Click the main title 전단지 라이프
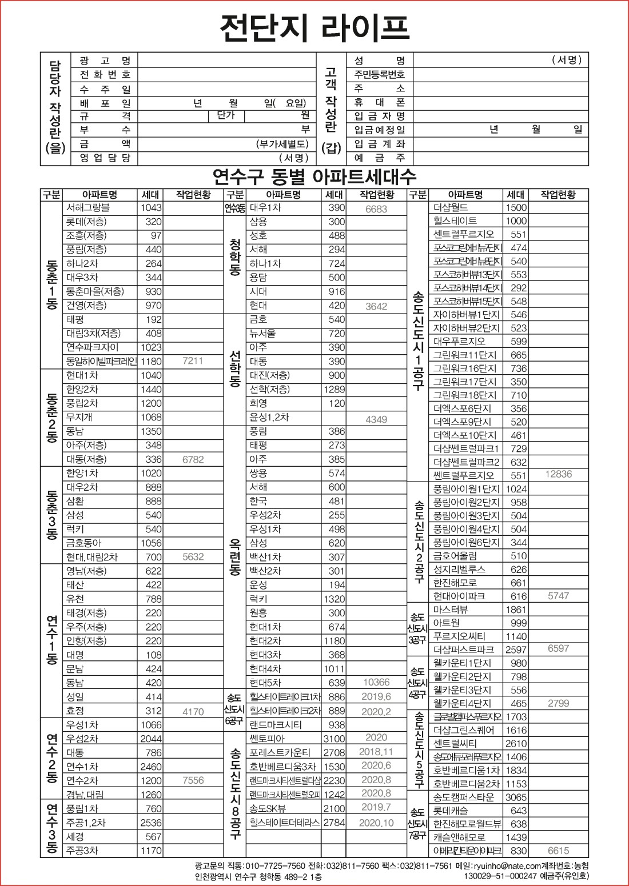point(314,27)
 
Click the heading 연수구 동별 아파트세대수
point(314,176)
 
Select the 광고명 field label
point(105,61)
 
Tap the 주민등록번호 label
point(379,74)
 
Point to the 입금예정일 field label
point(379,130)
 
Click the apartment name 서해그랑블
point(87,208)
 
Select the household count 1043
point(151,208)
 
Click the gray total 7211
point(193,361)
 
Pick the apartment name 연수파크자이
point(92,347)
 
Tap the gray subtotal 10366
point(376,682)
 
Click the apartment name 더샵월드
point(451,207)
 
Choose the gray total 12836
point(558,474)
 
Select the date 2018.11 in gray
point(376,752)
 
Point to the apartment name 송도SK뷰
point(268,808)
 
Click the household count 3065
point(516,797)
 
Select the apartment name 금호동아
point(83,543)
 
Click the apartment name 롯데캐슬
point(451,811)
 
